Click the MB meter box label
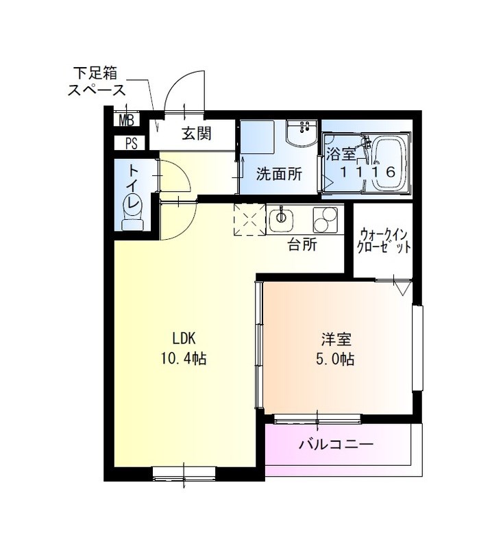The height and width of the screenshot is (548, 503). [127, 121]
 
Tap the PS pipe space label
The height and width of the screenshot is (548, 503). [130, 143]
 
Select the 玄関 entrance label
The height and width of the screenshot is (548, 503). [195, 133]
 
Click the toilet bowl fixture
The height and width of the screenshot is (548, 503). [131, 209]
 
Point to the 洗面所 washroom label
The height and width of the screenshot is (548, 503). [278, 173]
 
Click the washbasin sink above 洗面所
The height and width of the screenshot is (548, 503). [299, 135]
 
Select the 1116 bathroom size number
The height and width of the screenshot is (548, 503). [369, 173]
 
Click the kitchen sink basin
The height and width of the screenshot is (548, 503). [281, 219]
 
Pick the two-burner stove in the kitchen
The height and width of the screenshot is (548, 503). [328, 219]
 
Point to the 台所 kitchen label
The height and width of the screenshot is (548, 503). [302, 245]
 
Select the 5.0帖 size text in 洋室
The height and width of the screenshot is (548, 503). [336, 358]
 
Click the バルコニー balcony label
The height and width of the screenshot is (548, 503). [335, 445]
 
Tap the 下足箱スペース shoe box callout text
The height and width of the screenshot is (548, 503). [97, 80]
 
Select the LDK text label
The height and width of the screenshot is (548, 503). [184, 338]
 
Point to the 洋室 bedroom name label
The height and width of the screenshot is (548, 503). [336, 338]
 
